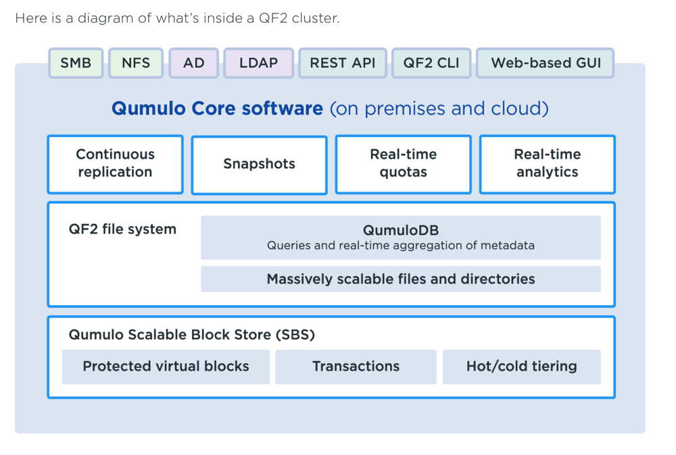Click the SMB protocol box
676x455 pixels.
(76, 63)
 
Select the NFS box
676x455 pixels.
(136, 63)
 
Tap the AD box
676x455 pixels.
(193, 63)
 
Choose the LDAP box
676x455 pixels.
(259, 63)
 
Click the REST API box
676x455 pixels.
(343, 63)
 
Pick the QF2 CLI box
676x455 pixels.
(431, 63)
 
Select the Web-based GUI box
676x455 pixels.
(546, 63)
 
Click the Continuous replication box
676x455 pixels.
(115, 164)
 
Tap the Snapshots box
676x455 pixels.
(259, 165)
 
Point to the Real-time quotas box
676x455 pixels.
(403, 164)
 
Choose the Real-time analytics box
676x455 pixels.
(547, 164)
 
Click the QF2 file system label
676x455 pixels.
(122, 229)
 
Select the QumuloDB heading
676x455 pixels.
(401, 230)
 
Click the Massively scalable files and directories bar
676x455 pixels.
(401, 279)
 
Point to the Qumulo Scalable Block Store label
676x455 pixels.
(192, 334)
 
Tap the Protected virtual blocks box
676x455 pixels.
(166, 367)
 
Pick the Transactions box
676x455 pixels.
(356, 367)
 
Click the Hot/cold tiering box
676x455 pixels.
(522, 367)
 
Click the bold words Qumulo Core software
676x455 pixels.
(217, 109)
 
